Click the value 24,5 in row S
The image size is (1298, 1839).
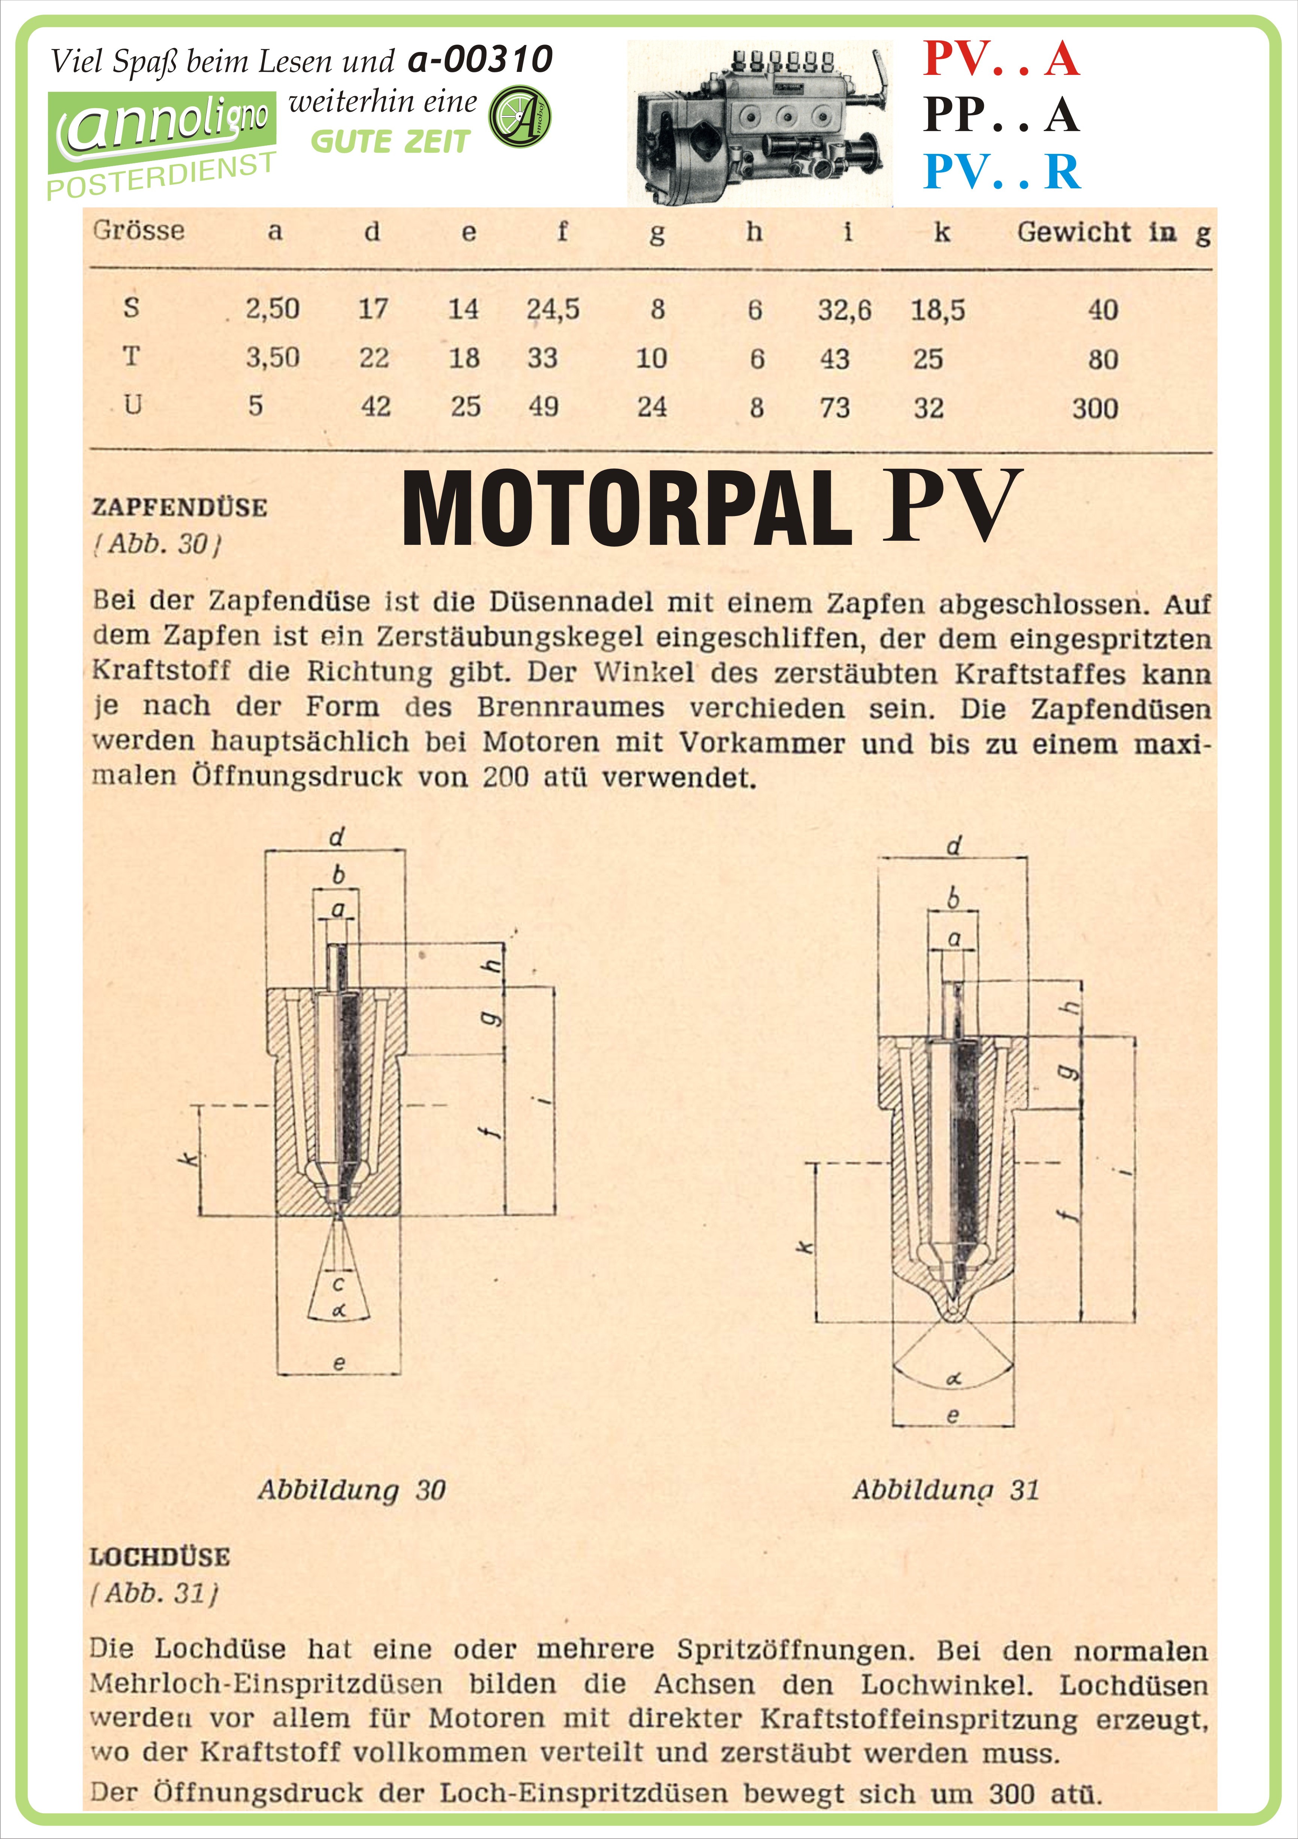(553, 309)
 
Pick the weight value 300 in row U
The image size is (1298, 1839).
(1095, 409)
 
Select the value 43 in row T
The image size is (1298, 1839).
(835, 359)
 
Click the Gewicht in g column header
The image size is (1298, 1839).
(1113, 232)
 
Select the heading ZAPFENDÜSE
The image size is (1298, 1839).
(179, 507)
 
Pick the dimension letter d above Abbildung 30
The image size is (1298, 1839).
(336, 838)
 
